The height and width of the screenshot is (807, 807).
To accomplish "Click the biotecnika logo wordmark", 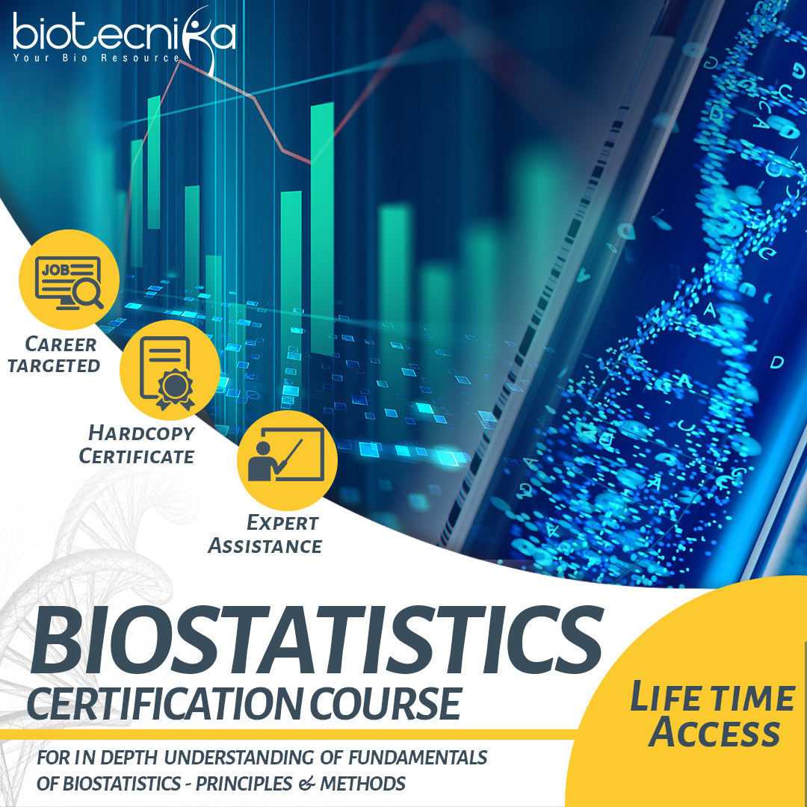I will (123, 34).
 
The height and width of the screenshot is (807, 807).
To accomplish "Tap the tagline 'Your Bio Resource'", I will (96, 58).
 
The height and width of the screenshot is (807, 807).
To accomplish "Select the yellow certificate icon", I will (170, 371).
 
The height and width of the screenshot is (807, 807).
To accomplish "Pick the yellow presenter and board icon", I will (287, 460).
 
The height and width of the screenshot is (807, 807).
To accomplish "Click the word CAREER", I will (61, 344).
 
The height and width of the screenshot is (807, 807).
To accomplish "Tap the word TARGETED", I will (54, 365).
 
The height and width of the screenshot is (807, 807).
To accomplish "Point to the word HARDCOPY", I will (141, 433).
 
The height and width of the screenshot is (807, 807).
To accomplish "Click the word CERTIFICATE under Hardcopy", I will (137, 456).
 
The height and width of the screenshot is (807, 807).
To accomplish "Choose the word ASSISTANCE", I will (265, 546).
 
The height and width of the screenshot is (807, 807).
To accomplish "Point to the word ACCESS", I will (714, 733).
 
